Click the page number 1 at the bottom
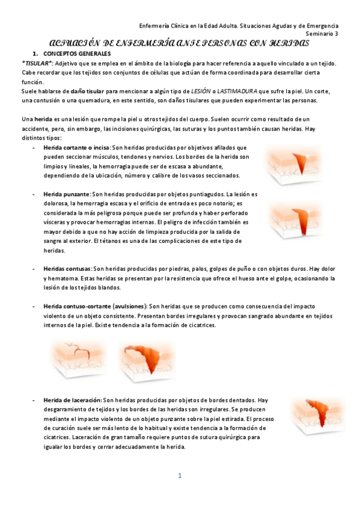click(180, 476)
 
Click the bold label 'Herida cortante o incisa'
click(76, 147)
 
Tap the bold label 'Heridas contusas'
click(67, 269)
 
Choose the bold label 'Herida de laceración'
click(72, 400)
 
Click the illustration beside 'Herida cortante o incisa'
click(294, 164)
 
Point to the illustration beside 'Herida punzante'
click(294, 220)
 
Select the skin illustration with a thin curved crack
click(77, 359)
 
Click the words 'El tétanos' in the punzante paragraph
click(115, 241)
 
